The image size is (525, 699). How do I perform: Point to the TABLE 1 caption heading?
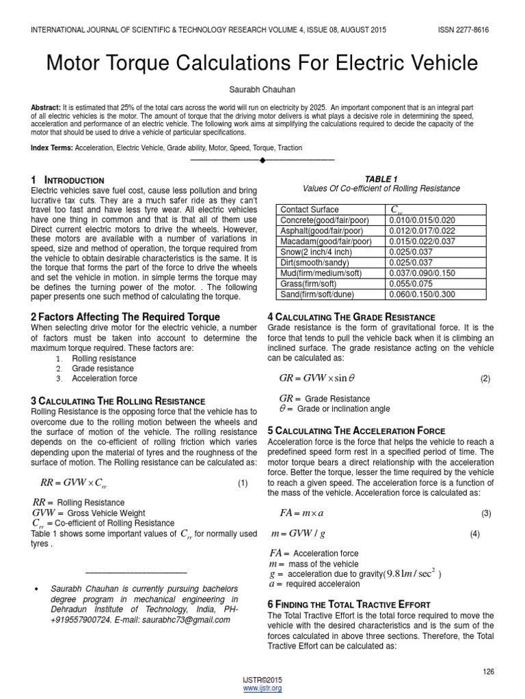pyautogui.click(x=381, y=179)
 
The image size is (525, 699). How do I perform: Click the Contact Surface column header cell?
pyautogui.click(x=310, y=210)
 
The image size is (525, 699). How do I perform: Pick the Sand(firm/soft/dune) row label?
pyautogui.click(x=321, y=294)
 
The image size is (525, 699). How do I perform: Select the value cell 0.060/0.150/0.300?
pyautogui.click(x=422, y=294)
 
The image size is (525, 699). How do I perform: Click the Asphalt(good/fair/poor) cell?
pyautogui.click(x=326, y=231)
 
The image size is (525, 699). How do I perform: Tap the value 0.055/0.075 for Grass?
pyautogui.click(x=412, y=283)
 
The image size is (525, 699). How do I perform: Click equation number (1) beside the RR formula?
pyautogui.click(x=242, y=483)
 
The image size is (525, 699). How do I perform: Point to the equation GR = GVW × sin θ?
pyautogui.click(x=317, y=378)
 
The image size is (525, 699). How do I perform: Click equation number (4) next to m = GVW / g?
pyautogui.click(x=475, y=534)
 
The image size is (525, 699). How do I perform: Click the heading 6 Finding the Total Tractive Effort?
pyautogui.click(x=348, y=604)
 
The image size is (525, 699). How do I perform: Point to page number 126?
pyautogui.click(x=487, y=672)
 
